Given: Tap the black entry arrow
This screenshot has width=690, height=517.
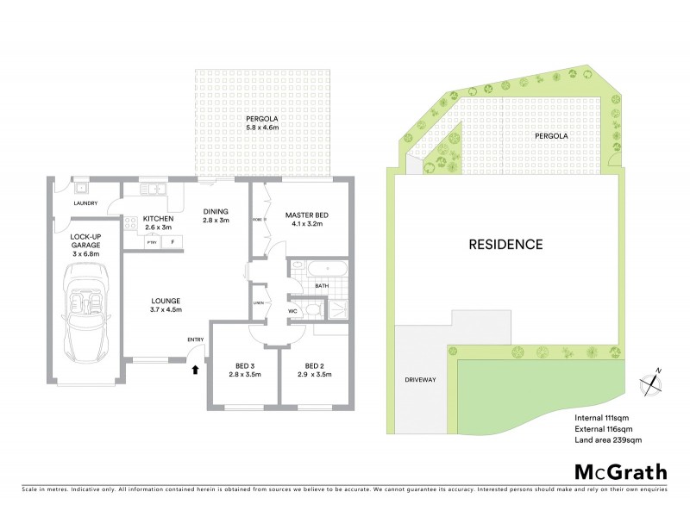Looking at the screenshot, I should (195, 370).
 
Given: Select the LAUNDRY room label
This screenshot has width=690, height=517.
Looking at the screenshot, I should (85, 203).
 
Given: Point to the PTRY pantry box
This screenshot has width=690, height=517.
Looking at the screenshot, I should (151, 243).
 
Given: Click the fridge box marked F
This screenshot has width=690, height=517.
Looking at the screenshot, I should (172, 243).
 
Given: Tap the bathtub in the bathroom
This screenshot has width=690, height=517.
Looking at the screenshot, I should (316, 268).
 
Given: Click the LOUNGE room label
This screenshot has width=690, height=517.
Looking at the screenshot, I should (164, 299).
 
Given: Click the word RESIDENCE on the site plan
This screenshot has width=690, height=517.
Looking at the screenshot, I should (505, 244).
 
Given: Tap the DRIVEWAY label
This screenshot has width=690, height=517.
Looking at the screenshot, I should (420, 379).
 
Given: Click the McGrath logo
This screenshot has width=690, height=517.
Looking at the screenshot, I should (620, 471).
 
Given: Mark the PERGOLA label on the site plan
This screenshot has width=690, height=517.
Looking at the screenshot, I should (550, 136).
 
